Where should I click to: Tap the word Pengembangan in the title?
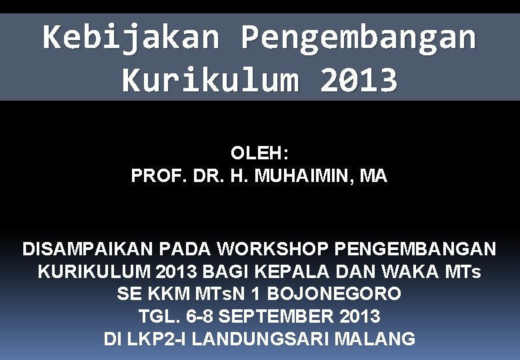(358, 37)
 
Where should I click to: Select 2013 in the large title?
(359, 81)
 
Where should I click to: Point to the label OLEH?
(259, 153)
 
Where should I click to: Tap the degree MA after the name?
(373, 177)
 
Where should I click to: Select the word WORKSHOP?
(274, 249)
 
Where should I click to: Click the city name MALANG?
(375, 339)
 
